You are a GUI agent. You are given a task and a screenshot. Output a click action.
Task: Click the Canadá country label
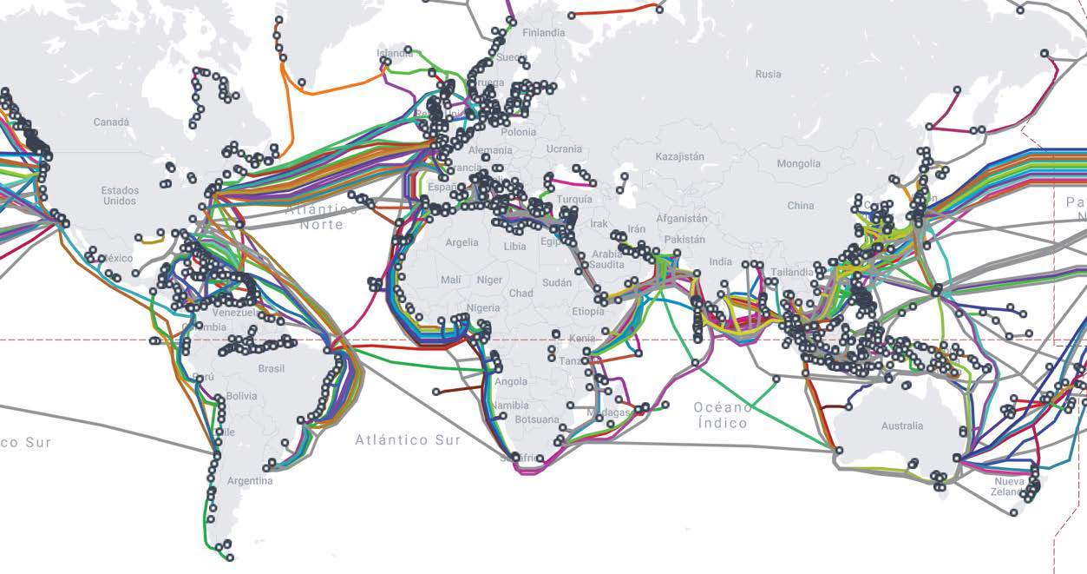[111, 122]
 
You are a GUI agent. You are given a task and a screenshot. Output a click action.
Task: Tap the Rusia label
[768, 75]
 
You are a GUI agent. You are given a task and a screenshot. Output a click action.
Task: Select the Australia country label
[902, 426]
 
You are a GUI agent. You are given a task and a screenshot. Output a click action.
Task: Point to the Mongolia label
[798, 164]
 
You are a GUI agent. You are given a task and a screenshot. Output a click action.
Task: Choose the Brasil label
[272, 369]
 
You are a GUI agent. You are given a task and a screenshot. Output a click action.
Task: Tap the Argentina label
[250, 481]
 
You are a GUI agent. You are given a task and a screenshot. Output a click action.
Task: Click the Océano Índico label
[723, 415]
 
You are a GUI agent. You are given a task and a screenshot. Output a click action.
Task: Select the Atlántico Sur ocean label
[408, 440]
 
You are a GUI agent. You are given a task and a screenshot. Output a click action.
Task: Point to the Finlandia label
[543, 33]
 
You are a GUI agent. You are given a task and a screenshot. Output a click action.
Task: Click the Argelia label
[462, 243]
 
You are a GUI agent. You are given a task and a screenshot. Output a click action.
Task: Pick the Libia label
[514, 247]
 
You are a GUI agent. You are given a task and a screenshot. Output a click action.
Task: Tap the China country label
[801, 206]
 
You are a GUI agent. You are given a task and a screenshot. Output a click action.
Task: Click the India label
[720, 262]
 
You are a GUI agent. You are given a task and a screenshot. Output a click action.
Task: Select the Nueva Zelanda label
[1009, 486]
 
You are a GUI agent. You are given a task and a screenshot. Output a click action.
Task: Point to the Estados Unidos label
[119, 195]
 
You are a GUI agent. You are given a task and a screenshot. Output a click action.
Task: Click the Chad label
[521, 294]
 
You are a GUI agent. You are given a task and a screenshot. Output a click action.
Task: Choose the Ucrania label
[565, 149]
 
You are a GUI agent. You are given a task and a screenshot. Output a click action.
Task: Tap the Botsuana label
[537, 420]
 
